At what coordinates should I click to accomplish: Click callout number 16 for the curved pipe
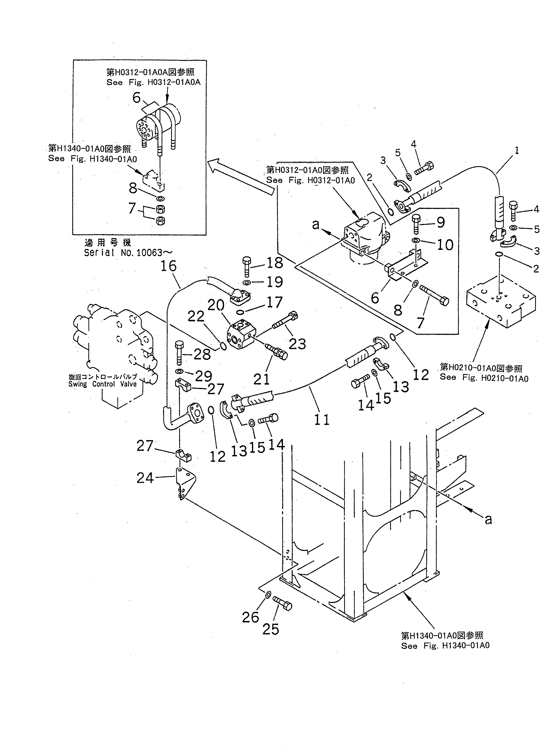coord(168,266)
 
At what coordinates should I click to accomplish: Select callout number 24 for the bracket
coord(145,478)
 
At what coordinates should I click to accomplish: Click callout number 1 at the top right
coord(516,150)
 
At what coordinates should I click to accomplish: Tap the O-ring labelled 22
coord(224,347)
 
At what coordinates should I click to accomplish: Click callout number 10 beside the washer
coord(445,245)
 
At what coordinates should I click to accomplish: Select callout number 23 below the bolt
coord(297,344)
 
